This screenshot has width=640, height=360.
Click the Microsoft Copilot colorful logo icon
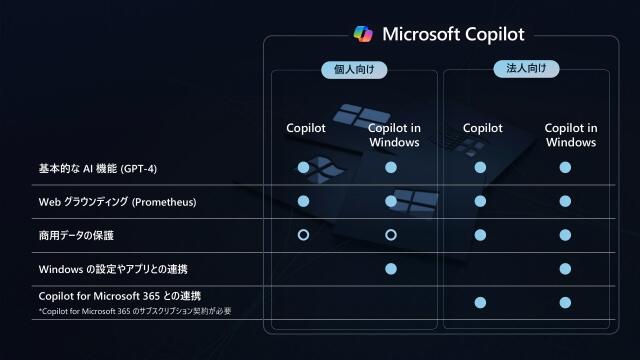[x=363, y=34]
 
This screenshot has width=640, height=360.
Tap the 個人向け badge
[x=354, y=70]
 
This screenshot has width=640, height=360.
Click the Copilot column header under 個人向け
[x=305, y=128]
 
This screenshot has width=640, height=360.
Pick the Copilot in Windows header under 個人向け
[x=393, y=135]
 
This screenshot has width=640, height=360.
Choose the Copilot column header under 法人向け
[x=482, y=128]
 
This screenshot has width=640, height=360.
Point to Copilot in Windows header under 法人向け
[x=570, y=135]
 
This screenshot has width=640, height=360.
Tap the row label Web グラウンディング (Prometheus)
[x=117, y=202]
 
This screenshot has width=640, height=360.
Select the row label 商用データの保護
[x=76, y=235]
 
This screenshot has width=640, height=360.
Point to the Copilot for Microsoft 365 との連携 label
[x=119, y=296]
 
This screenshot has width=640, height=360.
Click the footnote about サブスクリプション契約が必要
[x=135, y=312]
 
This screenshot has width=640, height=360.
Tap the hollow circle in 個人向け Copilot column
[x=303, y=235]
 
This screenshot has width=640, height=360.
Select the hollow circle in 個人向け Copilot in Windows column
[x=391, y=235]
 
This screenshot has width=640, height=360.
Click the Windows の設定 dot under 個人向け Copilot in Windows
[x=391, y=269]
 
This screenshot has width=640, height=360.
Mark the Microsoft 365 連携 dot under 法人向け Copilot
[x=480, y=302]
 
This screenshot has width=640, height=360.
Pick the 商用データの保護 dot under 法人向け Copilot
[x=480, y=235]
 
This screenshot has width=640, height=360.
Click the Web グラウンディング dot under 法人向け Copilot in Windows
[x=565, y=201]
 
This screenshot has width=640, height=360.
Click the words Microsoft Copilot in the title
[x=453, y=34]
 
